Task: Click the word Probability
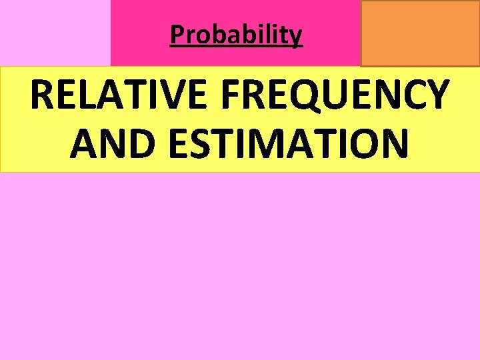[x=236, y=34]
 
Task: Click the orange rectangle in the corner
[x=420, y=33]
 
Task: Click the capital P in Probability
[x=176, y=34]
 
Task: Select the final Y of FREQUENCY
[x=435, y=95]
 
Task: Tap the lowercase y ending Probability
[x=296, y=36]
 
